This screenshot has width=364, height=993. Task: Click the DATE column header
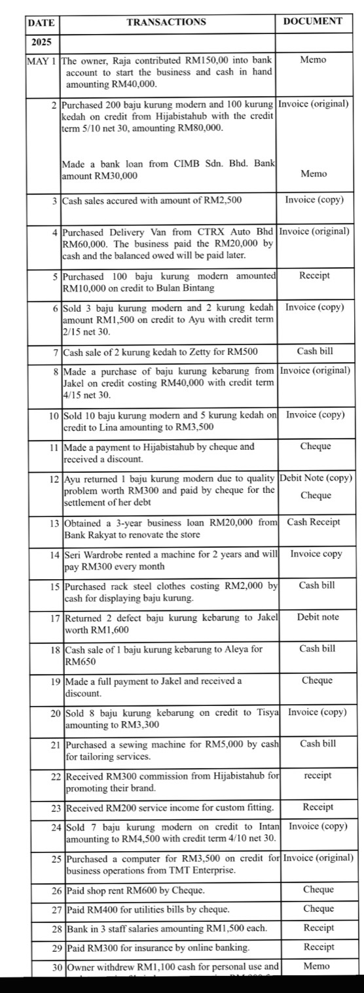(x=41, y=22)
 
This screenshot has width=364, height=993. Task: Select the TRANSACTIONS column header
(x=166, y=22)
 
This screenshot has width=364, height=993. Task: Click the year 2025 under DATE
(x=41, y=42)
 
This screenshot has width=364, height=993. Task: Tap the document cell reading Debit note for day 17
(x=318, y=616)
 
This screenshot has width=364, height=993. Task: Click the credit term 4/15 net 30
(x=91, y=395)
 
